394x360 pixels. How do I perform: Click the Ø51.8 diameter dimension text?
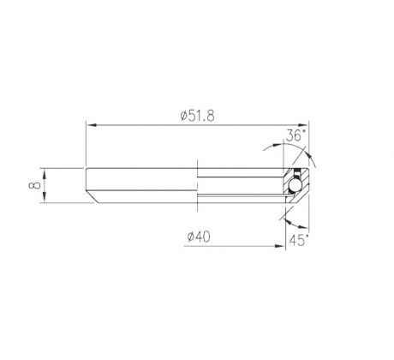[x=197, y=116]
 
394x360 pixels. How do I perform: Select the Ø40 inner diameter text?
[x=199, y=237]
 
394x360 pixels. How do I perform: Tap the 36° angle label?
[x=296, y=135]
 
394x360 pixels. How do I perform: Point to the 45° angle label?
[x=299, y=240]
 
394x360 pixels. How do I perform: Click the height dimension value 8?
[x=35, y=185]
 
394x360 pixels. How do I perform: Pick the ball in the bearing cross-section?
[x=295, y=186]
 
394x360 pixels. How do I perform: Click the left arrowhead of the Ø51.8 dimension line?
[x=91, y=125]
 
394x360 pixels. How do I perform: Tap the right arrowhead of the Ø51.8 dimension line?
[x=303, y=125]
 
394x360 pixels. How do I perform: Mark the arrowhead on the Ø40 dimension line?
[x=279, y=246]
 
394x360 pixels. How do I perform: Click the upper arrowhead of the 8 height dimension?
[x=45, y=172]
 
